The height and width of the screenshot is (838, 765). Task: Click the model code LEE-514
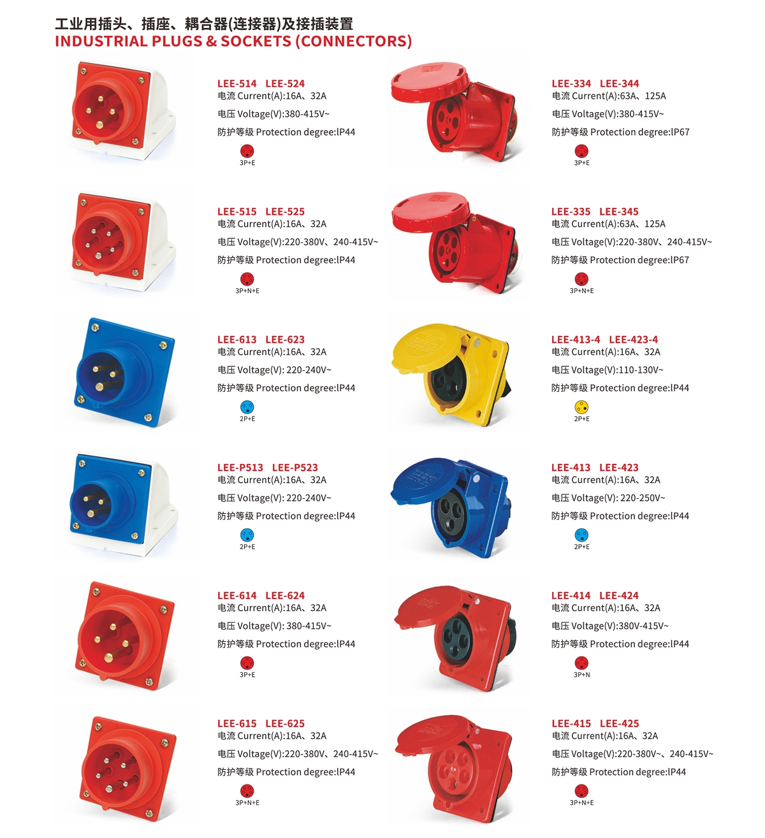click(x=237, y=83)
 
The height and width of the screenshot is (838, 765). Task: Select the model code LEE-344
click(x=619, y=83)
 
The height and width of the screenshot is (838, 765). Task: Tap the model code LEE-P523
click(x=295, y=468)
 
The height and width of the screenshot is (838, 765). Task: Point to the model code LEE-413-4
click(x=575, y=340)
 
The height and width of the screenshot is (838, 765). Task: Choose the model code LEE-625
click(x=285, y=723)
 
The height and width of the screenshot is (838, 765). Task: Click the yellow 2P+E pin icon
click(x=581, y=407)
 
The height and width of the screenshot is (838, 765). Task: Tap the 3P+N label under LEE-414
click(x=581, y=675)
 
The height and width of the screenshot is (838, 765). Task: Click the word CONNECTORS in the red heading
click(x=354, y=41)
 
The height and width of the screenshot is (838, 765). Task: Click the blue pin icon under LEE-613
click(x=247, y=407)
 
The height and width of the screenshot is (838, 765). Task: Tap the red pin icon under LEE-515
click(x=247, y=279)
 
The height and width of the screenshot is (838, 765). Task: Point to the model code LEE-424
click(x=618, y=596)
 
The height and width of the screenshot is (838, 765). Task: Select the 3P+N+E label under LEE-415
click(x=581, y=802)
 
